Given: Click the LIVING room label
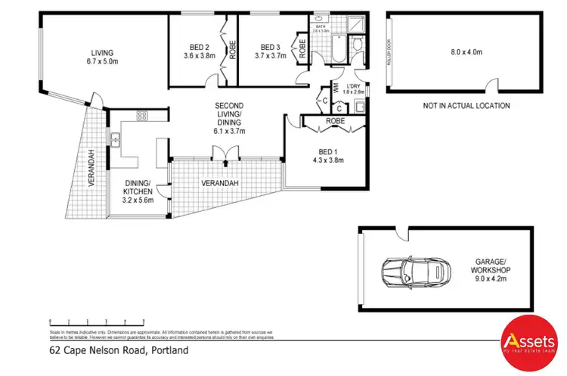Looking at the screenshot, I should click(x=101, y=52).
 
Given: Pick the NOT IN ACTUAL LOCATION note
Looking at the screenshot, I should click(x=466, y=106).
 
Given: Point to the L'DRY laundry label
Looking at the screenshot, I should click(x=354, y=86).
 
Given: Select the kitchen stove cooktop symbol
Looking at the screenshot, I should click(x=141, y=116).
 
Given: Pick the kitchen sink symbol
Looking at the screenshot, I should click(x=116, y=139).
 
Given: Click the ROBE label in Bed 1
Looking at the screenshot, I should click(x=335, y=120).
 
